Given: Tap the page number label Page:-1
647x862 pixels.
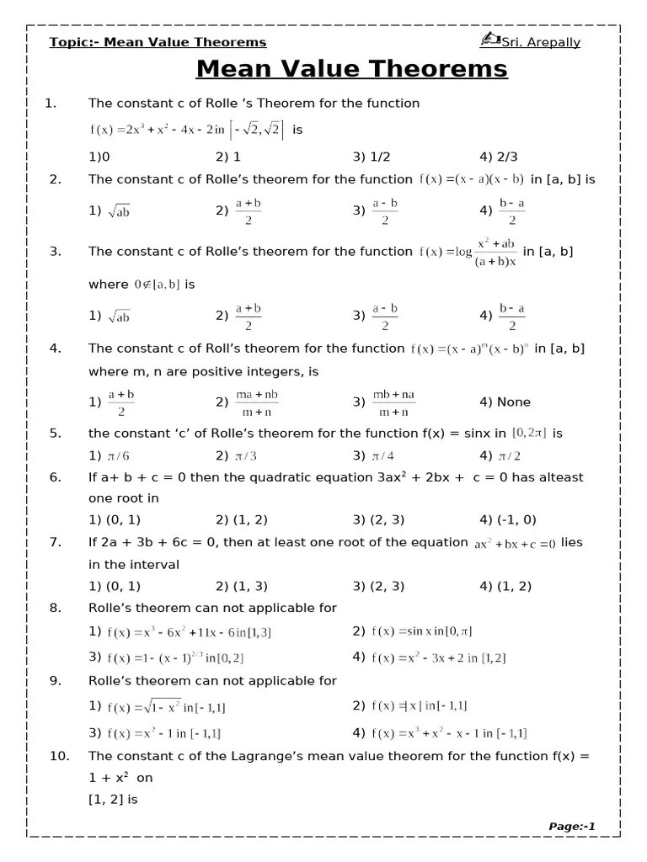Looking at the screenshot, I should click(x=572, y=827).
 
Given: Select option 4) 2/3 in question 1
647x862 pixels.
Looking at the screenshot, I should click(x=499, y=157).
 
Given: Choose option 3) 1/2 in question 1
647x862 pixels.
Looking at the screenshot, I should click(x=372, y=157).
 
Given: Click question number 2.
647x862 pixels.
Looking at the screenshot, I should click(x=56, y=179).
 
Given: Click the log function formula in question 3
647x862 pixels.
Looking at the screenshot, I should click(x=468, y=252).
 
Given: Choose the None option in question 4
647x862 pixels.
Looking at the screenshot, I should click(x=505, y=402).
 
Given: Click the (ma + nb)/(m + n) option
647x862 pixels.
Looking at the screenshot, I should click(x=255, y=402).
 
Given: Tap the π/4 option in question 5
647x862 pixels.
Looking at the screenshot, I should click(x=384, y=455).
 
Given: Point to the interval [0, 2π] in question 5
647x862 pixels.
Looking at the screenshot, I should click(x=529, y=433).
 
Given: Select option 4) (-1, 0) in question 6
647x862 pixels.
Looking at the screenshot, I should click(x=507, y=519).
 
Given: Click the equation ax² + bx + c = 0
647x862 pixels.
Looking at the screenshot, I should click(x=514, y=544).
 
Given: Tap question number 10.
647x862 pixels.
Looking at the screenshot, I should click(x=59, y=756).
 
